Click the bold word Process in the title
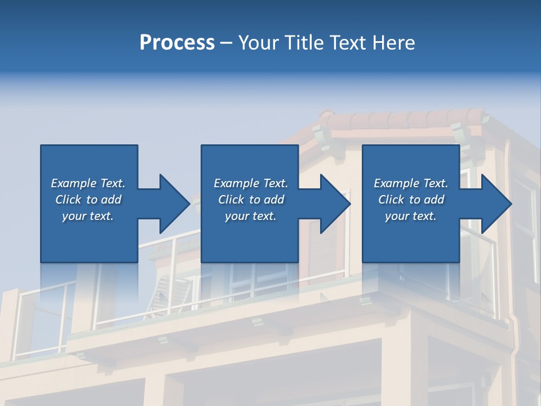pos(177,43)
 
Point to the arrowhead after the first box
pos(175,204)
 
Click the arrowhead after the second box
pos(335,204)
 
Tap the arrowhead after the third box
pos(496,204)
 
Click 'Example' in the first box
pos(73,183)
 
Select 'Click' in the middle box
pos(232,200)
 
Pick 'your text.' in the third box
pos(410,216)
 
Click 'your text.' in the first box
pos(88,216)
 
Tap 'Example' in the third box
pos(396,183)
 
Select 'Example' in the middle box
pos(236,183)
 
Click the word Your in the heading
pos(258,43)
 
